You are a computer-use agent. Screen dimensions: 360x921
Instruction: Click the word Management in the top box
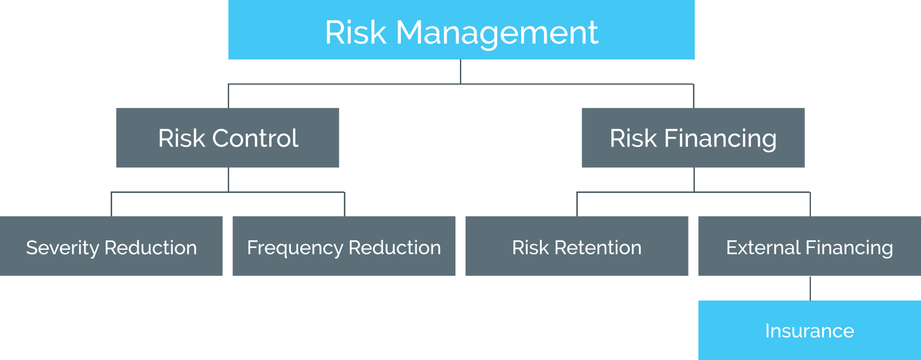[x=497, y=32]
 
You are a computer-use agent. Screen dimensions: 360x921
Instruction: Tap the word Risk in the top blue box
[x=355, y=32]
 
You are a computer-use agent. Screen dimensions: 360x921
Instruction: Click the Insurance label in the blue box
[x=809, y=331]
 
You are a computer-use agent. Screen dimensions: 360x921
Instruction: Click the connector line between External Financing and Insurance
[x=810, y=288]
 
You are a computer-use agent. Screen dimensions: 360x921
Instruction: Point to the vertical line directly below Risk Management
[x=460, y=72]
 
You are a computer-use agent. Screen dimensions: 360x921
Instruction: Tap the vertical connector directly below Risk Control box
[x=228, y=180]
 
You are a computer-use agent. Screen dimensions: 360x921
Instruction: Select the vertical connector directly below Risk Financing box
[x=694, y=180]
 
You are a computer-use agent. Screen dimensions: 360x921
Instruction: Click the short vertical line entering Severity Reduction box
[x=111, y=204]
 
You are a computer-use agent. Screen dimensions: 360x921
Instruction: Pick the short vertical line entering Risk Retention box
[x=577, y=204]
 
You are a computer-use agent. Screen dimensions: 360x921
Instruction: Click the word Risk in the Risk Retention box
[x=530, y=248]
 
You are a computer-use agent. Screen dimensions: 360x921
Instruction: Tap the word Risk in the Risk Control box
[x=181, y=138]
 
